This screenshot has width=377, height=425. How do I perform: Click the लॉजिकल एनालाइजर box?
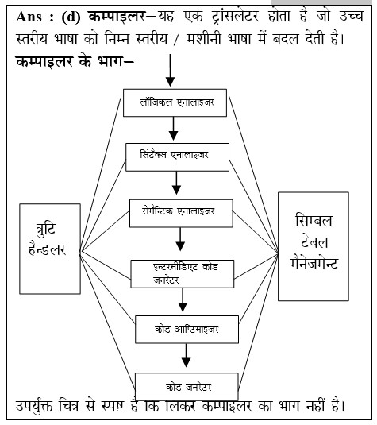coord(175,102)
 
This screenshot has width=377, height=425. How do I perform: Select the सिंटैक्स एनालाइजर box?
coord(178,157)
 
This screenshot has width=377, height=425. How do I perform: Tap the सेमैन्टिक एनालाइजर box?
coord(181,214)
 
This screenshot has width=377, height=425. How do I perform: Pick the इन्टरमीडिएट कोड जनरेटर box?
coord(183,274)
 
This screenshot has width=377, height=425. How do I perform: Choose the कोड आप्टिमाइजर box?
coord(187,330)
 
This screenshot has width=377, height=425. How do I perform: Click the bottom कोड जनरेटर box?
coord(187,387)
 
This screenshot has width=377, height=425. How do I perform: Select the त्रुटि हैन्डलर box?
coord(50,249)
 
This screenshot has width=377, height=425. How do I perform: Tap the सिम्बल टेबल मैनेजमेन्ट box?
coord(314,246)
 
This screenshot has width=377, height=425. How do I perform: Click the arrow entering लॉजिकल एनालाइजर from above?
coord(170,70)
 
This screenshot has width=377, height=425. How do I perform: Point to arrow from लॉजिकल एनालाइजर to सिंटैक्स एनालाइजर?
coord(173,129)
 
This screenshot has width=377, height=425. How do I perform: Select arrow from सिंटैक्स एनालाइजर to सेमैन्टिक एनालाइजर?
coord(176,183)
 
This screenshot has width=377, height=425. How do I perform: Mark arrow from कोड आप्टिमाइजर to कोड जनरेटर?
coord(186,355)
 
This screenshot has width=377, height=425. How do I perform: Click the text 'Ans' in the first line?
coord(29,17)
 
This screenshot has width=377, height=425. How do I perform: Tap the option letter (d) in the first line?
coord(71,17)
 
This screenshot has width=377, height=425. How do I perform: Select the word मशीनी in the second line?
coord(205,38)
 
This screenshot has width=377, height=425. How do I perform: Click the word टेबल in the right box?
coord(314,241)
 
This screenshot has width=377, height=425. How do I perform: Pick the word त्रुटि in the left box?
coord(46,230)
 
